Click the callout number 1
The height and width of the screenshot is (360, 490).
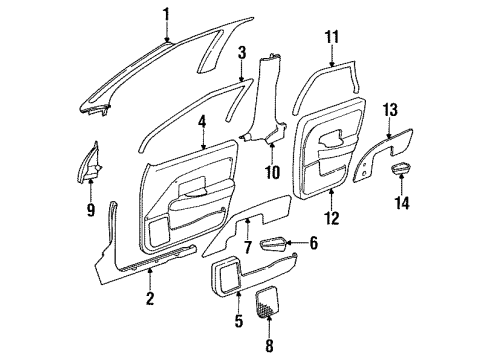pos(167,13)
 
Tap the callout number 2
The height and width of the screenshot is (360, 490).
pos(149,297)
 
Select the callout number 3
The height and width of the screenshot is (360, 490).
pos(241,51)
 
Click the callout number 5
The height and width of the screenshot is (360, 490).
pos(211,321)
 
